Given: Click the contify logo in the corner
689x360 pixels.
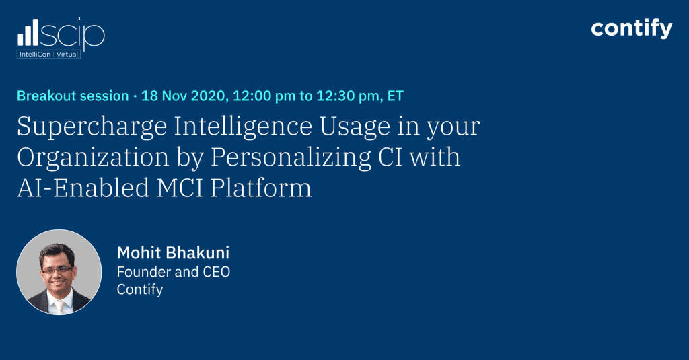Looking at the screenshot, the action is tap(631, 29).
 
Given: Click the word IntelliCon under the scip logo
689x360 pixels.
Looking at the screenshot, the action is tap(35, 55).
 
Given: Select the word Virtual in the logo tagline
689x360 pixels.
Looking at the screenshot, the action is tap(67, 55).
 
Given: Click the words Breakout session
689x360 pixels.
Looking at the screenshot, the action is tap(73, 96).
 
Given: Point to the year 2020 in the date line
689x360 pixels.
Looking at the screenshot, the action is tap(209, 96).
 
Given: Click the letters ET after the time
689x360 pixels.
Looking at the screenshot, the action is tap(395, 96).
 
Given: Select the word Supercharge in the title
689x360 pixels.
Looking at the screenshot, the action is tap(92, 127).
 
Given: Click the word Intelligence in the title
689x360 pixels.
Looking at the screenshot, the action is tap(243, 127).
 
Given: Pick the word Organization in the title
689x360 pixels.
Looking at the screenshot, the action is tap(93, 158).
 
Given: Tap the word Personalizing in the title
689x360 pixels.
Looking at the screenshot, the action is tap(291, 158).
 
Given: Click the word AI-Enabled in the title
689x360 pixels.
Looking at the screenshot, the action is tap(83, 188).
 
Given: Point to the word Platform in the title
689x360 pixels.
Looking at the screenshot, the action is tap(261, 188).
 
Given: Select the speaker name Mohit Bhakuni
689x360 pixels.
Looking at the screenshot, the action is tap(173, 253).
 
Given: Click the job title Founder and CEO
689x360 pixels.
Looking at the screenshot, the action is tap(174, 272).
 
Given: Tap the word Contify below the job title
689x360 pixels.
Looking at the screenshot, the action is tap(140, 290).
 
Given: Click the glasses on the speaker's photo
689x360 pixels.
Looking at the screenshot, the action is tap(57, 269).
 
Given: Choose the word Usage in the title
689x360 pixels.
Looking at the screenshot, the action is tap(355, 127).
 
